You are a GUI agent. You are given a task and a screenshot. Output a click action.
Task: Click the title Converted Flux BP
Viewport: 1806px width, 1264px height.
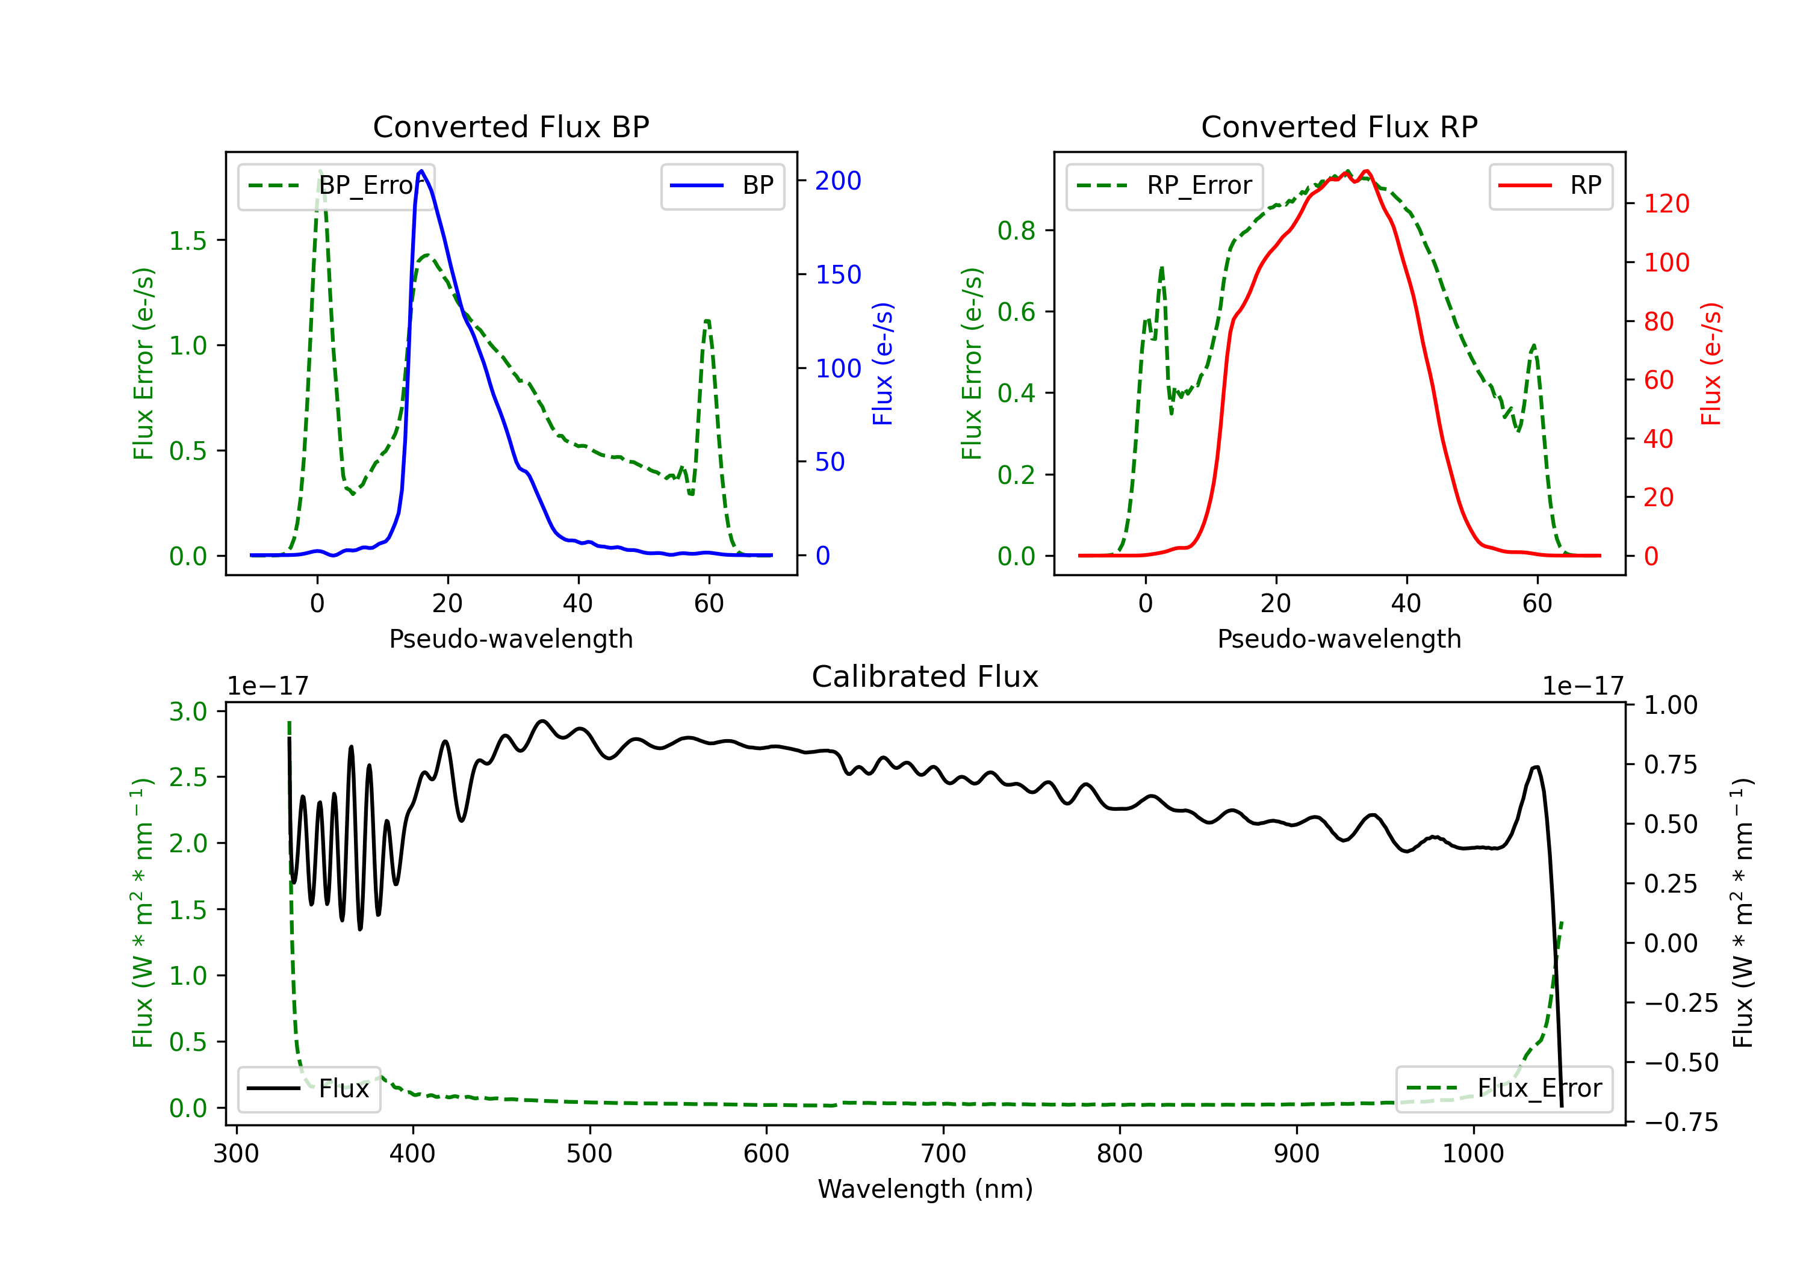click(510, 126)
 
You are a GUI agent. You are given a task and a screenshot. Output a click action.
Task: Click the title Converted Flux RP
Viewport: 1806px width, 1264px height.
click(1339, 126)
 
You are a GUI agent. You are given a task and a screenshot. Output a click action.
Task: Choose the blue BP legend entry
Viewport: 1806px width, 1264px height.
click(722, 185)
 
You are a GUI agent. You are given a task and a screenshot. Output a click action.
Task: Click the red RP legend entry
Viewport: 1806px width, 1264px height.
click(1550, 185)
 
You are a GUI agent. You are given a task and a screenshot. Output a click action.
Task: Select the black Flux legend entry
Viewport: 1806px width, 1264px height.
click(308, 1089)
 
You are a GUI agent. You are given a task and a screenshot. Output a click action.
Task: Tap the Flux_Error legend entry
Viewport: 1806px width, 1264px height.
click(1504, 1089)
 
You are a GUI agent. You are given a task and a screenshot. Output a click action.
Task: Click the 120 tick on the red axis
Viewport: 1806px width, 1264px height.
click(1666, 203)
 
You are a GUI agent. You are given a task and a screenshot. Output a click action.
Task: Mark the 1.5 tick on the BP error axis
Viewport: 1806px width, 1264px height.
click(188, 241)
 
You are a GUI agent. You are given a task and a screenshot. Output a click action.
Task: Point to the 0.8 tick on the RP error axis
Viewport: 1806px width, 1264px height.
click(1016, 231)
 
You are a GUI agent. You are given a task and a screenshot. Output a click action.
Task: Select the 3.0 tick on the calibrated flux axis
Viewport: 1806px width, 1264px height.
click(188, 712)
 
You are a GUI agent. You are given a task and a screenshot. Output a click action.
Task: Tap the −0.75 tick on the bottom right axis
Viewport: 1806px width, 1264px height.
click(1681, 1123)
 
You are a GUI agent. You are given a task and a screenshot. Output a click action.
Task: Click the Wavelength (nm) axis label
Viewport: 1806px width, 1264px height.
click(925, 1189)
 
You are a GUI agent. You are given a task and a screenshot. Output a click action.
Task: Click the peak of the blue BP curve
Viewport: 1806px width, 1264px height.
click(421, 171)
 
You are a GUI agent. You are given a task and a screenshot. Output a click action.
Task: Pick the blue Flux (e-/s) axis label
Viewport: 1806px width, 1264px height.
click(883, 364)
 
